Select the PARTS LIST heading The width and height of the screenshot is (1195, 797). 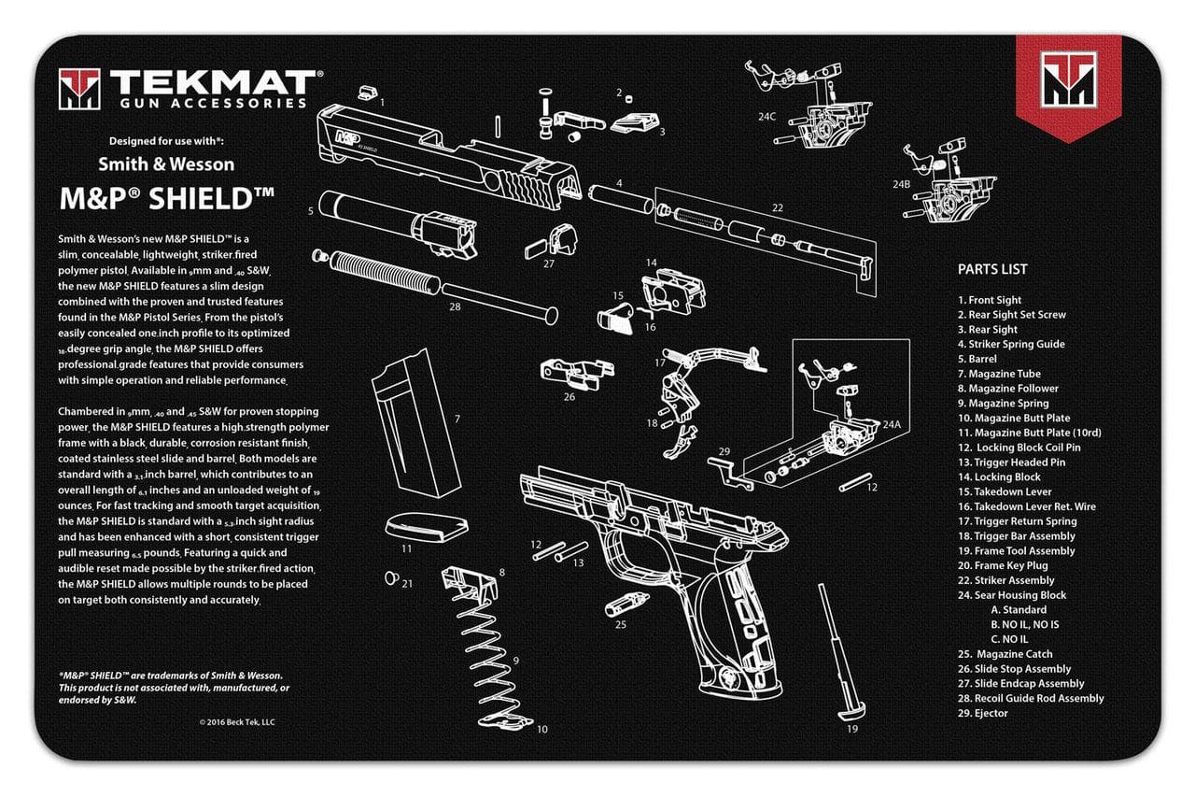992,269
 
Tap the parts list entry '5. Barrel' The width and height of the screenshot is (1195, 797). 977,359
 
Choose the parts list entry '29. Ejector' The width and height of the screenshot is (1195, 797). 983,713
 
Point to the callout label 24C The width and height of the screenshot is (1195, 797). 766,118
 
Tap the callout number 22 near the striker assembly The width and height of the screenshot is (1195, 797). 777,207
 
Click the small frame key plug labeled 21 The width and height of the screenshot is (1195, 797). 393,576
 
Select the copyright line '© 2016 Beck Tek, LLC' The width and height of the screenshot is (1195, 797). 237,721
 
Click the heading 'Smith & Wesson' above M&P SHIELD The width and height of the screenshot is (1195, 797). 166,164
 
